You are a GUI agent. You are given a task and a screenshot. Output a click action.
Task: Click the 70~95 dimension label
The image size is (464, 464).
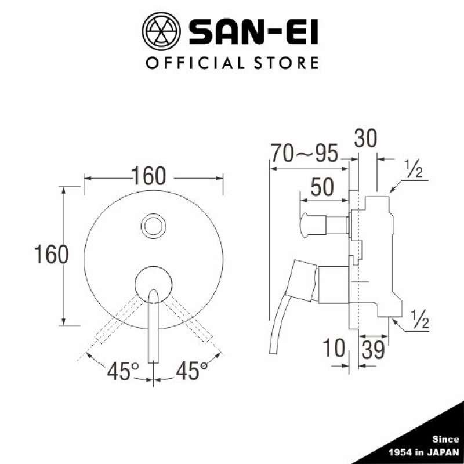point(304,154)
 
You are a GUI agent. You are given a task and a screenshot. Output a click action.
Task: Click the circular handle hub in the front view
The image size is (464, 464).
point(154,283)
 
